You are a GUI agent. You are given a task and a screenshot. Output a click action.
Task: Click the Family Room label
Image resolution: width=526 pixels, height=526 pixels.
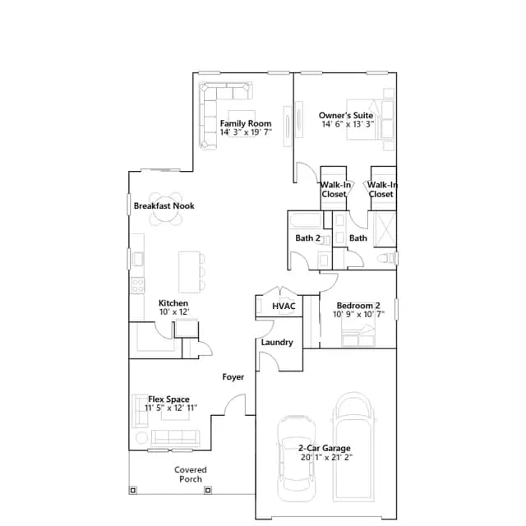tap(246, 123)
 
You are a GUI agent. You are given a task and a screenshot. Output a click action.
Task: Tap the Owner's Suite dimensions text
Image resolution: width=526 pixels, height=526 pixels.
tap(348, 124)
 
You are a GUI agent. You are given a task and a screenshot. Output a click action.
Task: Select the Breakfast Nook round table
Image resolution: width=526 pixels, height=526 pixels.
tap(165, 209)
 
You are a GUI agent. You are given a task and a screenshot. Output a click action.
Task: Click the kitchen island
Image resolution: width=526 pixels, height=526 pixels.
tap(190, 272)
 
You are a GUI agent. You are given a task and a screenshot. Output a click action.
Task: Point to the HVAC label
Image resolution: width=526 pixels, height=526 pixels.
tap(284, 306)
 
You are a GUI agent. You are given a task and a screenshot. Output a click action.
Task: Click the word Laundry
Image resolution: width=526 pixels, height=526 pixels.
tap(277, 343)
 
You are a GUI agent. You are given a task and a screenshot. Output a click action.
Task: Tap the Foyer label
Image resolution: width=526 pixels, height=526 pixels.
tap(233, 377)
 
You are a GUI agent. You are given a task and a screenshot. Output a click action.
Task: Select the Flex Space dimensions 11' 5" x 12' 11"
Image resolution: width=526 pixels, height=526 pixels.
tap(171, 408)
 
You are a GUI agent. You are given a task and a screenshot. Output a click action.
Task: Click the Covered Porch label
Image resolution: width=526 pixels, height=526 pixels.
tap(191, 474)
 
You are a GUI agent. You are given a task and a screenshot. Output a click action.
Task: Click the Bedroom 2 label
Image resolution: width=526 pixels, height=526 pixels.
tap(358, 306)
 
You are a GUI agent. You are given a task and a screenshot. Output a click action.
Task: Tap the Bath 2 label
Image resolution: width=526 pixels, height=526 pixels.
tap(307, 238)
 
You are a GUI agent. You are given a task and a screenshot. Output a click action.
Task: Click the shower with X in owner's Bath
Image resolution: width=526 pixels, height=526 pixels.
tap(385, 229)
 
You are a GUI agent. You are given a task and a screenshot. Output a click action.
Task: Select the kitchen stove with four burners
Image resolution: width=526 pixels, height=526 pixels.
tap(137, 285)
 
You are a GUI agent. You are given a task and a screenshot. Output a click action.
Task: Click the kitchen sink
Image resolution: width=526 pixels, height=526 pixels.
tap(137, 259)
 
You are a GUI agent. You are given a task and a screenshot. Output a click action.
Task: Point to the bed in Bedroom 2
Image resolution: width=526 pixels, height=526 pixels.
tap(358, 335)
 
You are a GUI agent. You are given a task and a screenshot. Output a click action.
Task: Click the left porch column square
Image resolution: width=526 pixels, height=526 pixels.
tap(133, 491)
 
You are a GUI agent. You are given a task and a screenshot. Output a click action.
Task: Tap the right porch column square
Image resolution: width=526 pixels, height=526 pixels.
tap(208, 491)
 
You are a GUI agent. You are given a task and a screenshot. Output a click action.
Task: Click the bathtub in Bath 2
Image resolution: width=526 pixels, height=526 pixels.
tap(306, 220)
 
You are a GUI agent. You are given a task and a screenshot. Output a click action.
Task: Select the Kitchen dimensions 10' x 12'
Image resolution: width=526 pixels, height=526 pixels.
tap(174, 312)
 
